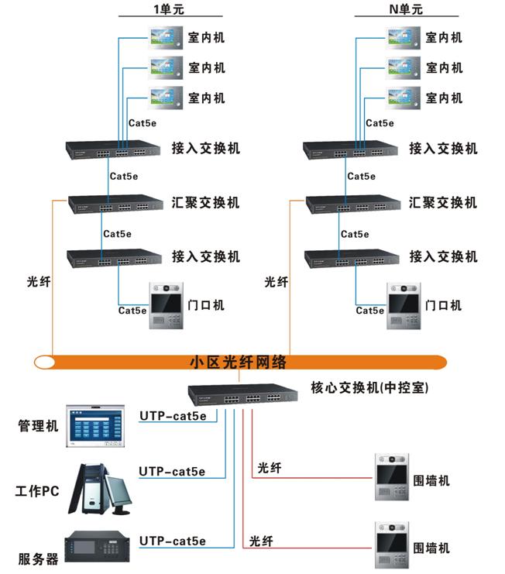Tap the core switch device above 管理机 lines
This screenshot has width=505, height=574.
tap(242, 398)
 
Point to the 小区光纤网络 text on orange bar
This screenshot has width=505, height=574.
tap(239, 362)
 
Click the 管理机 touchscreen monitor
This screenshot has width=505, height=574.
tap(95, 426)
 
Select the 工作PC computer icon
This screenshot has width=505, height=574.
tap(100, 490)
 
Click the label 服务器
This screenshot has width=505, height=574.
tap(38, 559)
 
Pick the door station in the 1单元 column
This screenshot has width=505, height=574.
tap(163, 306)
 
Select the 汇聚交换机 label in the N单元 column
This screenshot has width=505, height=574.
tap(443, 203)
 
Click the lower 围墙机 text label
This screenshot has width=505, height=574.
tap(431, 548)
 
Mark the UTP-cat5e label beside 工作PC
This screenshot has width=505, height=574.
tap(172, 471)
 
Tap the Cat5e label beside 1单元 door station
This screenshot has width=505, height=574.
tap(132, 311)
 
